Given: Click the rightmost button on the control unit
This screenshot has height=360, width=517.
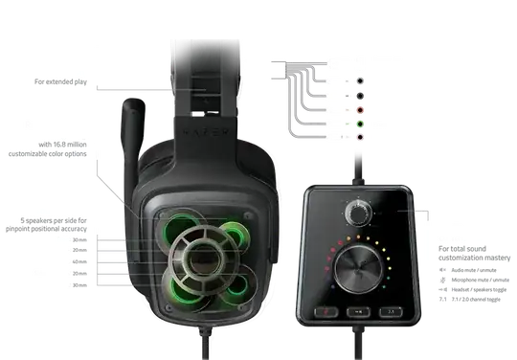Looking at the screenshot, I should (388, 311).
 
